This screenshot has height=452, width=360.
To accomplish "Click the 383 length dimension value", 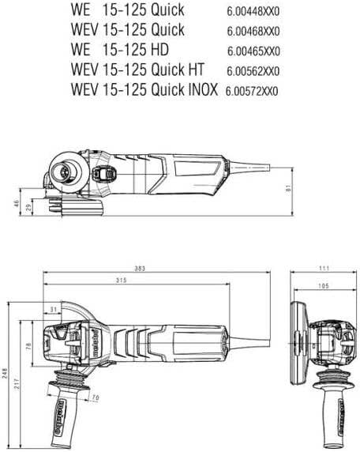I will (x=140, y=269).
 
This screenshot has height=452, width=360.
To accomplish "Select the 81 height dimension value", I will (x=289, y=188).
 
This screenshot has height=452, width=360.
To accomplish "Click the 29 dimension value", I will (x=29, y=208).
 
